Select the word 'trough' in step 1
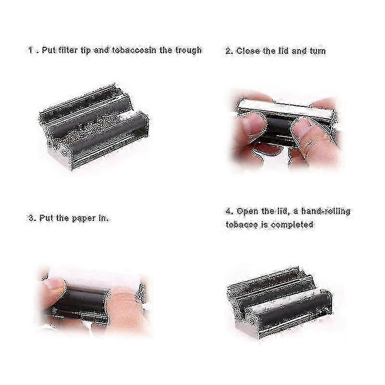188,50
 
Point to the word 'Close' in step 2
248,51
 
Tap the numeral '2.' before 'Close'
229,51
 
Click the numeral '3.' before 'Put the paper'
31,218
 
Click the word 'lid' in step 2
284,51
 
